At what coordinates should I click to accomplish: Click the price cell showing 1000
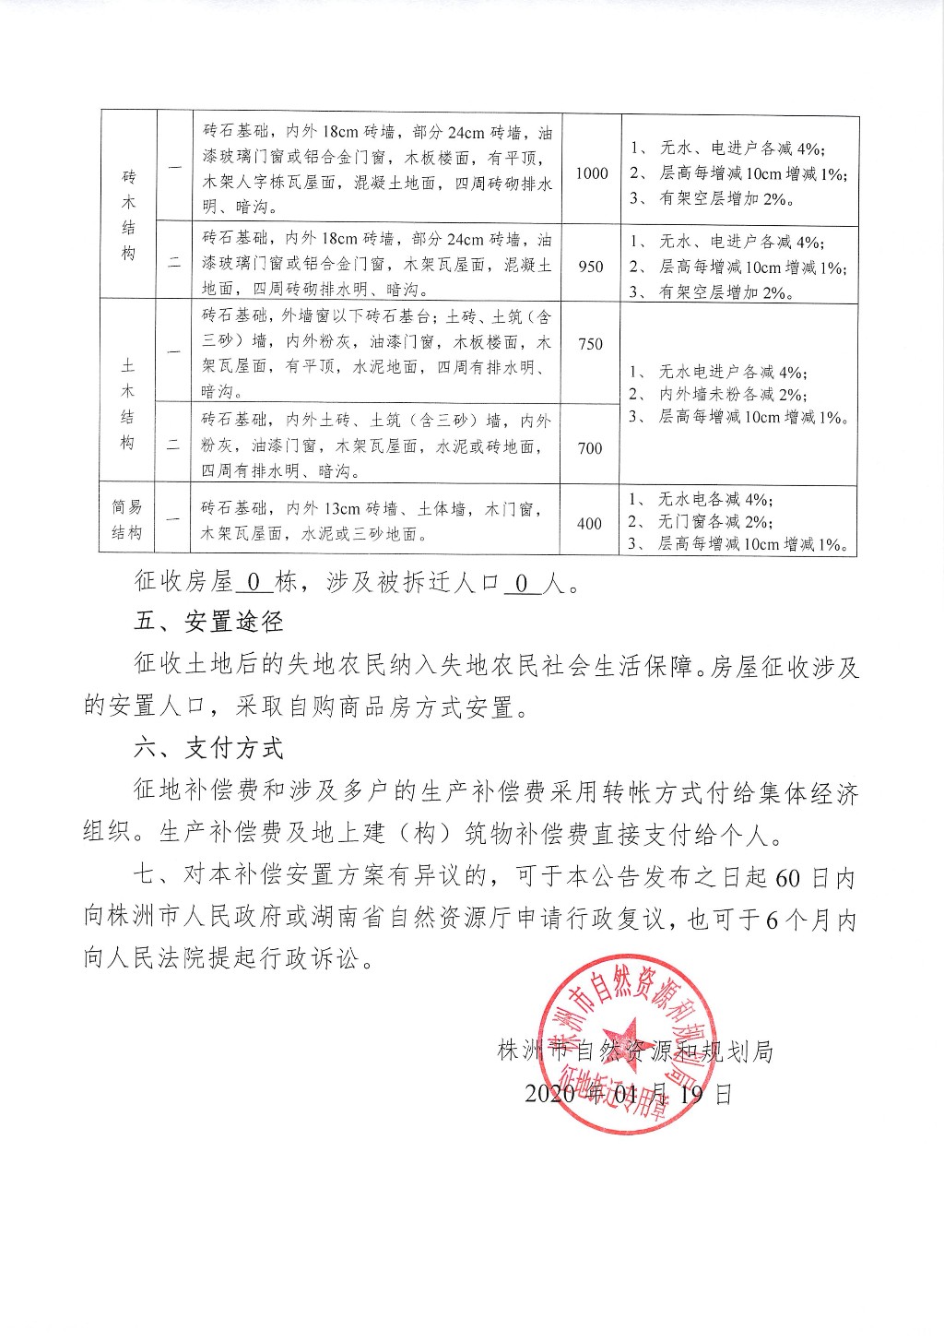(592, 173)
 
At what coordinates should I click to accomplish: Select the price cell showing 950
(591, 267)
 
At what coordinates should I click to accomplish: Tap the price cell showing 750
(591, 344)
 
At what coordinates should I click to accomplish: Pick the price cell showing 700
(590, 448)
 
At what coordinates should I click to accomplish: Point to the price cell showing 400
(590, 524)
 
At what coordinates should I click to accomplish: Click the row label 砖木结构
(128, 214)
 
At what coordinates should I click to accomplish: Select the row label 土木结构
(128, 404)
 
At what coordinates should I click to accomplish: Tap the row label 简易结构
(127, 520)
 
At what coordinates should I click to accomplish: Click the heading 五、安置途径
(209, 623)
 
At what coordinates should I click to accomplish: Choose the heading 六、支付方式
(209, 748)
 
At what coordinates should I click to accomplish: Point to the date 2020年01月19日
(629, 1095)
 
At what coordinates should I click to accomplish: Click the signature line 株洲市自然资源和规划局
(634, 1051)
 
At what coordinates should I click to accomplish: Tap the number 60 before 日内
(788, 878)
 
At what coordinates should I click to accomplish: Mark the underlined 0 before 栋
(255, 583)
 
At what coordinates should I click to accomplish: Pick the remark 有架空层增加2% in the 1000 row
(726, 198)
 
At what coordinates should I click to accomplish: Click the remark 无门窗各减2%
(714, 522)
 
